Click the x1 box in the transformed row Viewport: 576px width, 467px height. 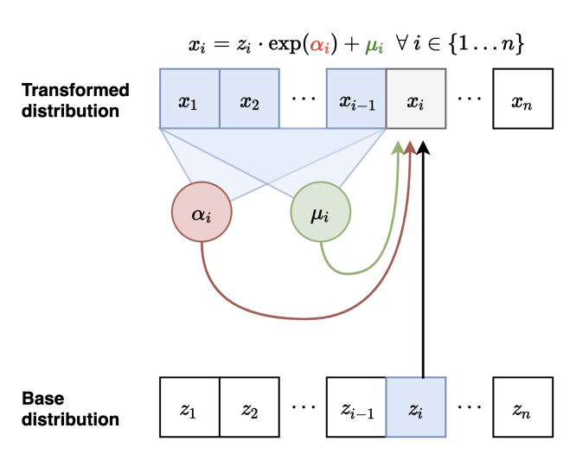[189, 99]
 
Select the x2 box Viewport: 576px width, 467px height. [249, 99]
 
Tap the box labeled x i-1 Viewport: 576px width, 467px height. [355, 99]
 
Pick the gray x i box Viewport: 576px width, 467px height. [416, 99]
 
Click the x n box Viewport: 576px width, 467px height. [522, 99]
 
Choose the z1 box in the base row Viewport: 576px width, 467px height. [189, 407]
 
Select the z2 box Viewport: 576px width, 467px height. [249, 407]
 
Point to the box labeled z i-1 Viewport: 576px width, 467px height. [355, 407]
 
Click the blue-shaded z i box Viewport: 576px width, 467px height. [416, 407]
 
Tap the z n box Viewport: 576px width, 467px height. [522, 407]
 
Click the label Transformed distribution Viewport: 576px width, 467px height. [76, 99]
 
